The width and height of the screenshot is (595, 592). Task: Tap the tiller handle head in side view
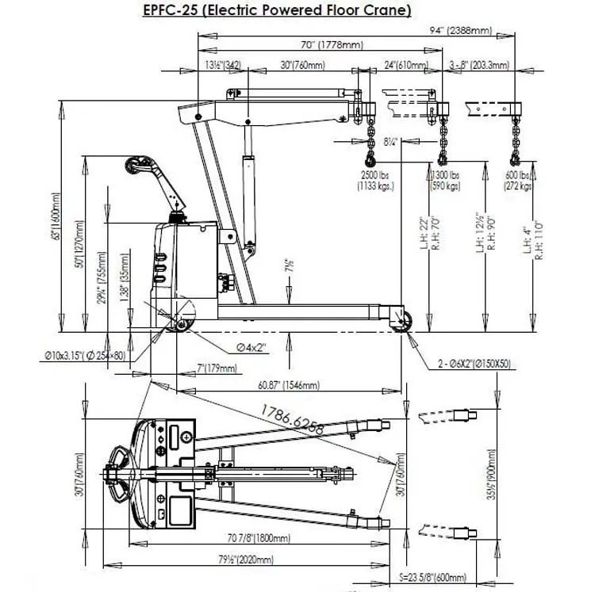[136, 167]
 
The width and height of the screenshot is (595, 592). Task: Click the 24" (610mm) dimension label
[403, 66]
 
